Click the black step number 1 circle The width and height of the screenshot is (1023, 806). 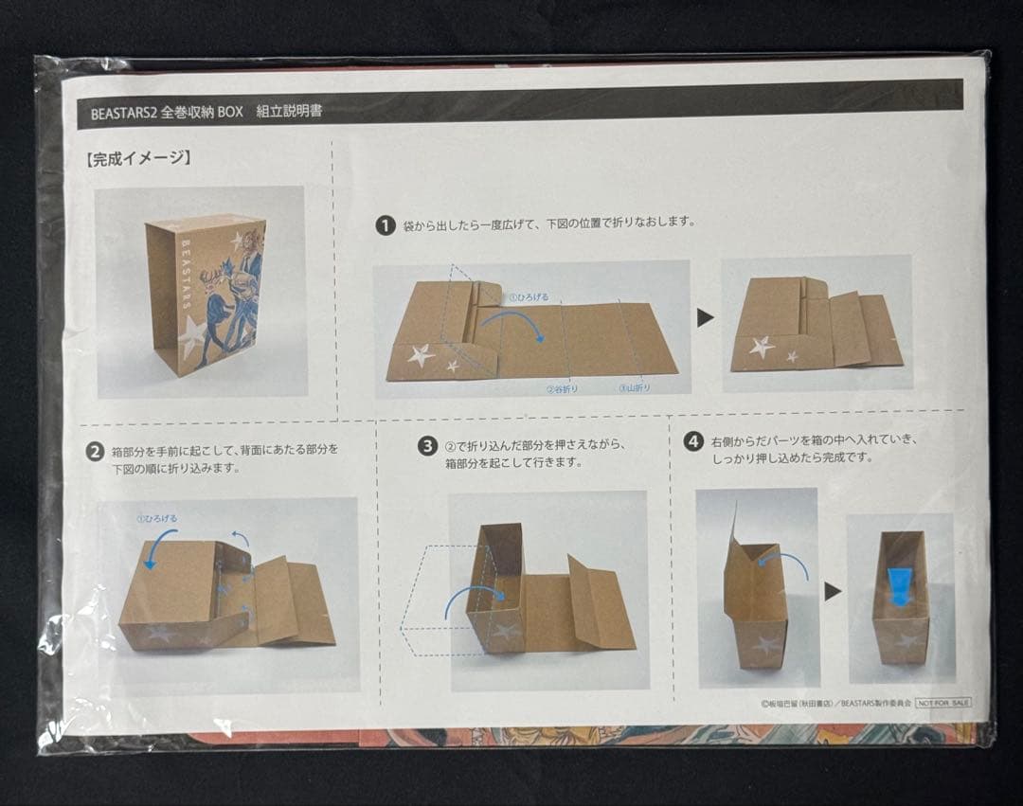tap(385, 225)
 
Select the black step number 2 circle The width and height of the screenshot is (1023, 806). tap(94, 452)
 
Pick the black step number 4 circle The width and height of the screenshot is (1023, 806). tap(694, 442)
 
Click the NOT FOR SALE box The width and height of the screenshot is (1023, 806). tap(942, 703)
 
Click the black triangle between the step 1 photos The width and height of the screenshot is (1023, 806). tap(705, 318)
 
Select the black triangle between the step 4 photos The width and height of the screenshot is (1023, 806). tap(833, 592)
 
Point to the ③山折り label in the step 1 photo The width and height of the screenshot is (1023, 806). tap(636, 387)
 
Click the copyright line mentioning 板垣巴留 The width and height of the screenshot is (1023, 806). tap(835, 704)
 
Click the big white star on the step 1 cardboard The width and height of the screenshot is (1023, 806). tap(421, 355)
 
